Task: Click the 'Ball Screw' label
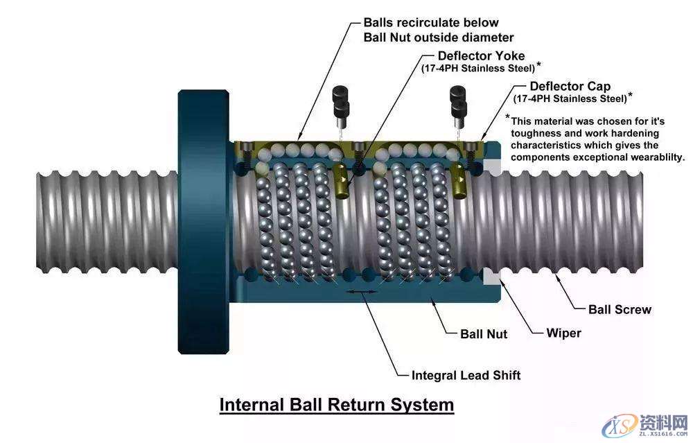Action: [x=620, y=309]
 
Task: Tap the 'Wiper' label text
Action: [x=563, y=333]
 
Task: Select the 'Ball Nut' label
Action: [x=484, y=334]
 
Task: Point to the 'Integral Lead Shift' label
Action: [x=466, y=375]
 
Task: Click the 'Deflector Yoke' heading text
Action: [x=481, y=55]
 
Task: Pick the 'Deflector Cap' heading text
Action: [x=570, y=87]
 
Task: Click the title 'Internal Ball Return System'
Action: [x=337, y=404]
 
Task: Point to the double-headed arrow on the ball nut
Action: [x=362, y=292]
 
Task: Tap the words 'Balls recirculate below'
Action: [x=431, y=23]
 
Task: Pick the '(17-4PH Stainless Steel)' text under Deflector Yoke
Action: [x=478, y=68]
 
